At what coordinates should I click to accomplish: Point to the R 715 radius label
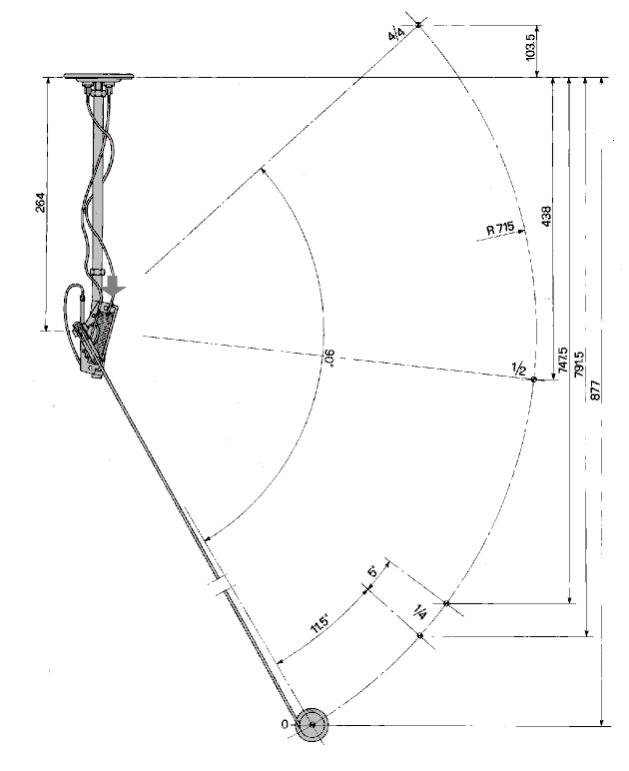click(x=500, y=229)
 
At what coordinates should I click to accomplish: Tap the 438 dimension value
click(x=546, y=216)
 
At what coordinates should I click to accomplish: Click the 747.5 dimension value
click(x=563, y=362)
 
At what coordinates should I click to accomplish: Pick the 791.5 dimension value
click(x=579, y=364)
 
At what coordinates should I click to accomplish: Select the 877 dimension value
click(x=595, y=389)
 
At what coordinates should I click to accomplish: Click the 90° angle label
click(x=329, y=359)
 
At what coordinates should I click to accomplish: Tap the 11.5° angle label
click(x=319, y=624)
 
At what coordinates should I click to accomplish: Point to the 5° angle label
click(x=373, y=571)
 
